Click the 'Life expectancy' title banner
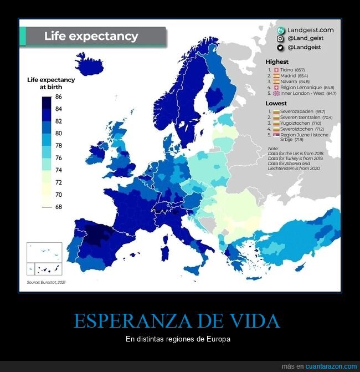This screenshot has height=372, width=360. tap(92, 37)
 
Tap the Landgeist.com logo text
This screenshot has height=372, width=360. tap(310, 30)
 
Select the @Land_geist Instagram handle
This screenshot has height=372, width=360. tap(306, 38)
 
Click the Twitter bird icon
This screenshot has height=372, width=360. tap(281, 47)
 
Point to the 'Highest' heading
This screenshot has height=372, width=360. tap(276, 62)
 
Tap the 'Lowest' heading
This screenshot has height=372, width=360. tap(276, 103)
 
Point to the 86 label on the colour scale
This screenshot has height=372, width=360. tap(58, 97)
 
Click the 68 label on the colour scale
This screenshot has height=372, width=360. tap(58, 207)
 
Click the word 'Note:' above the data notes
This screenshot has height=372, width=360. tap(272, 148)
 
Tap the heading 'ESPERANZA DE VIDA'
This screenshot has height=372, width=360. tap(176, 322)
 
